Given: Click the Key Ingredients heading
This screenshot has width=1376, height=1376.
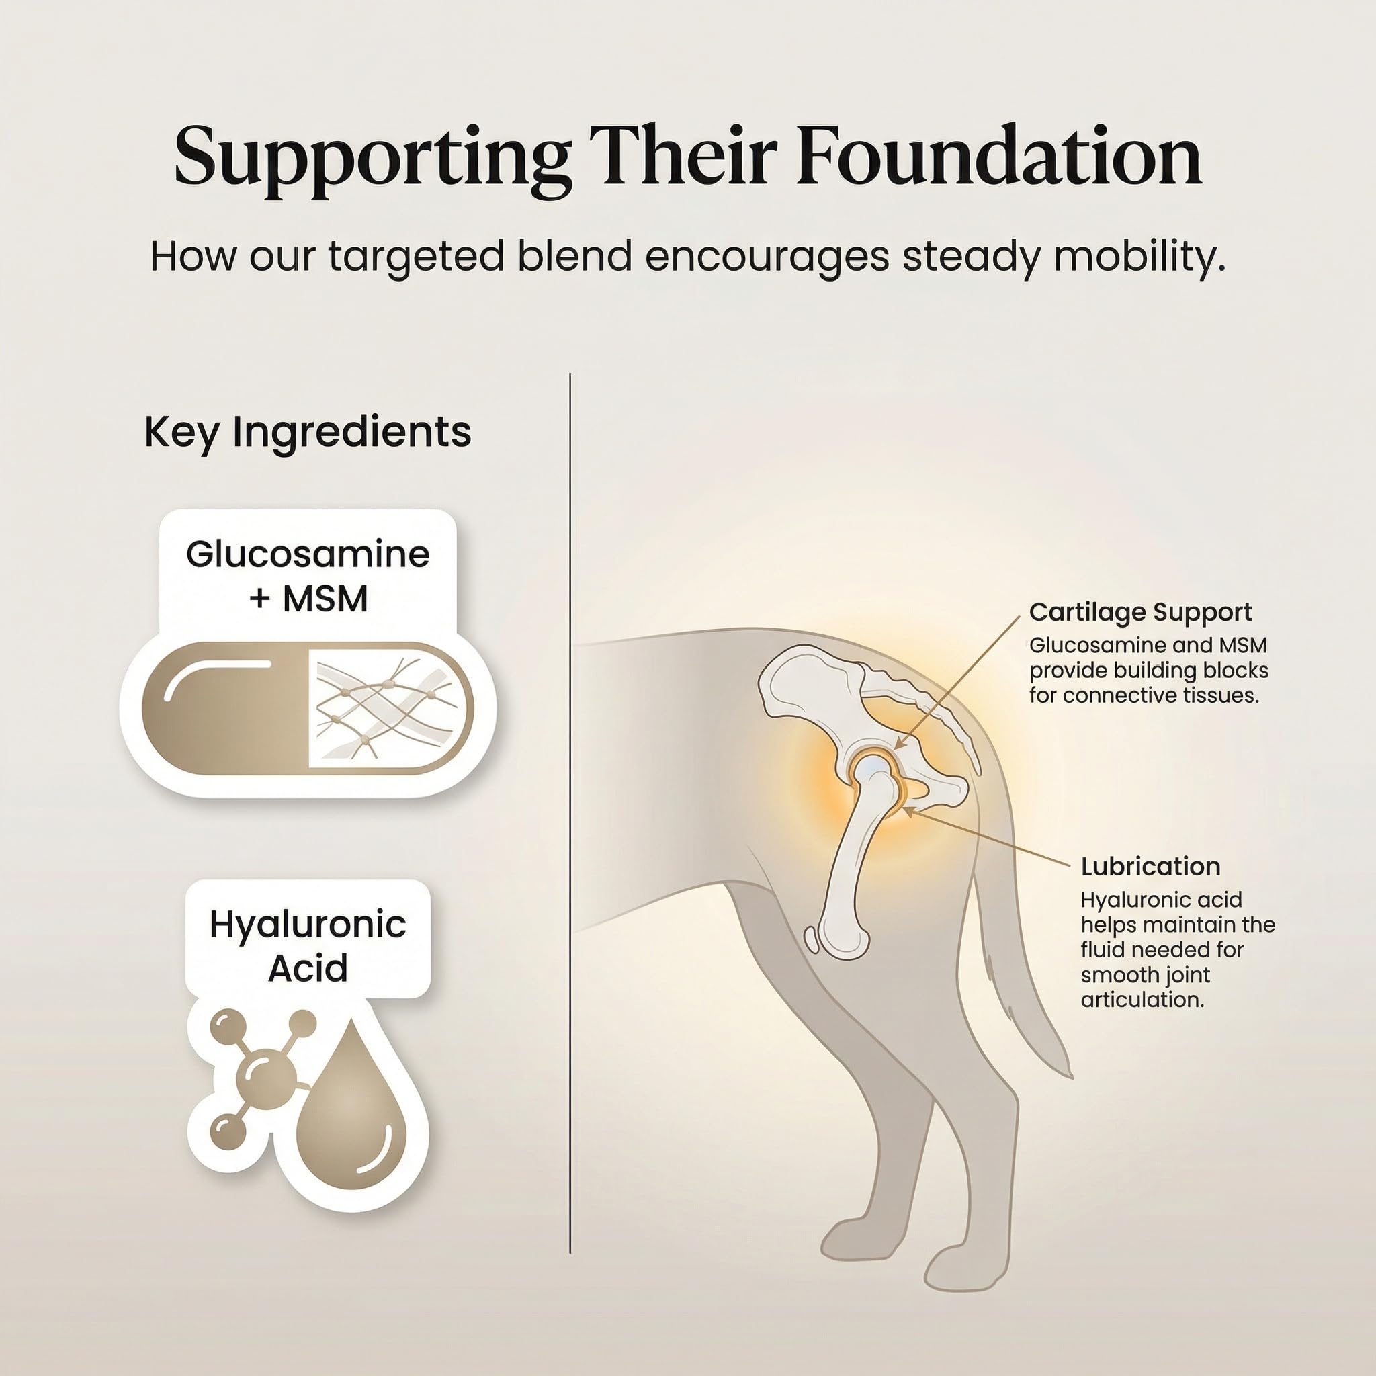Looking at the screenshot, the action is point(308,432).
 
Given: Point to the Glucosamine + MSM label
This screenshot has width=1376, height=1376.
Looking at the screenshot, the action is point(308,576).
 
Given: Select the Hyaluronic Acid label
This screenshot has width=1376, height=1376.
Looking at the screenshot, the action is point(308,946).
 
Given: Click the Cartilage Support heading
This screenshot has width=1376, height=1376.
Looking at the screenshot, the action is point(1140,612).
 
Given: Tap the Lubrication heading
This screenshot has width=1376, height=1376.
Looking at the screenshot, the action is point(1150,866).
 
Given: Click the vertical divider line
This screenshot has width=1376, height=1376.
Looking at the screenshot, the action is point(570,822).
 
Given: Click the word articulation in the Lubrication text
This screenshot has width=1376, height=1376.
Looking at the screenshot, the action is point(1142,1000).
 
